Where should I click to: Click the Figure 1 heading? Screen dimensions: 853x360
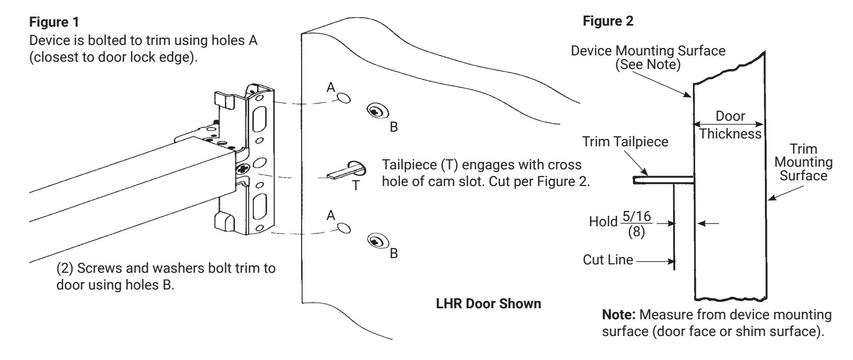point(54,22)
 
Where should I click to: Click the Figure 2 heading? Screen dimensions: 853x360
point(608,21)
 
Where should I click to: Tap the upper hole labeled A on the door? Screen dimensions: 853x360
point(344,98)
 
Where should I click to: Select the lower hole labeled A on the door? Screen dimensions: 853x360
point(344,228)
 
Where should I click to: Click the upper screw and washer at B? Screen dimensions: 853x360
point(377,111)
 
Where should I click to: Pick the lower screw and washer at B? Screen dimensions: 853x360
point(378,241)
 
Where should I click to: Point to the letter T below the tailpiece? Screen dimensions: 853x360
point(355,185)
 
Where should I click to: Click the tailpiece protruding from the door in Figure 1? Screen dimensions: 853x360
point(346,170)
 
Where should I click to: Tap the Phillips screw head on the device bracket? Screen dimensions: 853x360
point(241,168)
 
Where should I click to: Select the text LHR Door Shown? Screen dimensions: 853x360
point(488,304)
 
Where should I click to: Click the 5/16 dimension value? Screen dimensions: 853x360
point(637,216)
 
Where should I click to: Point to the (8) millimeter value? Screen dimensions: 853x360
point(637,231)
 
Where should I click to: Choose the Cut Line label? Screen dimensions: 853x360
point(608,260)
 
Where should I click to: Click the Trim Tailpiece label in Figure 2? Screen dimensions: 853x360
point(625,142)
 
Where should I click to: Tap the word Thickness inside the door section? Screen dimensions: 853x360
point(730,134)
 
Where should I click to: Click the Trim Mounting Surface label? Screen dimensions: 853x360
point(803,162)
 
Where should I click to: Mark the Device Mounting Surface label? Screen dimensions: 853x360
point(648,57)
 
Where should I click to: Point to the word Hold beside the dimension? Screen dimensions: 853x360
point(603,222)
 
